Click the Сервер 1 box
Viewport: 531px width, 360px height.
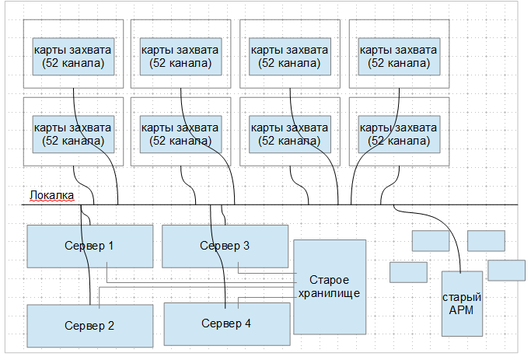click(x=89, y=246)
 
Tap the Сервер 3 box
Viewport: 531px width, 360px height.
click(x=225, y=246)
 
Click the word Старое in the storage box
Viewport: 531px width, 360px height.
click(x=329, y=280)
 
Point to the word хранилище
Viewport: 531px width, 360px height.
click(x=329, y=292)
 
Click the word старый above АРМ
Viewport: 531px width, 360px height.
click(x=461, y=298)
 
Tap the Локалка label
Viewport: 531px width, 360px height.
click(x=51, y=195)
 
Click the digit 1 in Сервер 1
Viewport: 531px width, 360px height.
click(x=111, y=246)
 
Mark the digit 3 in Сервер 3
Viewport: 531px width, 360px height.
click(x=246, y=246)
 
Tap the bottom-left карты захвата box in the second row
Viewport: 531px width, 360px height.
click(x=74, y=134)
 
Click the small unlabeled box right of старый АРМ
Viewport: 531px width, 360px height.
click(x=507, y=270)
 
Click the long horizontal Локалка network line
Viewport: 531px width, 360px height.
click(x=311, y=204)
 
